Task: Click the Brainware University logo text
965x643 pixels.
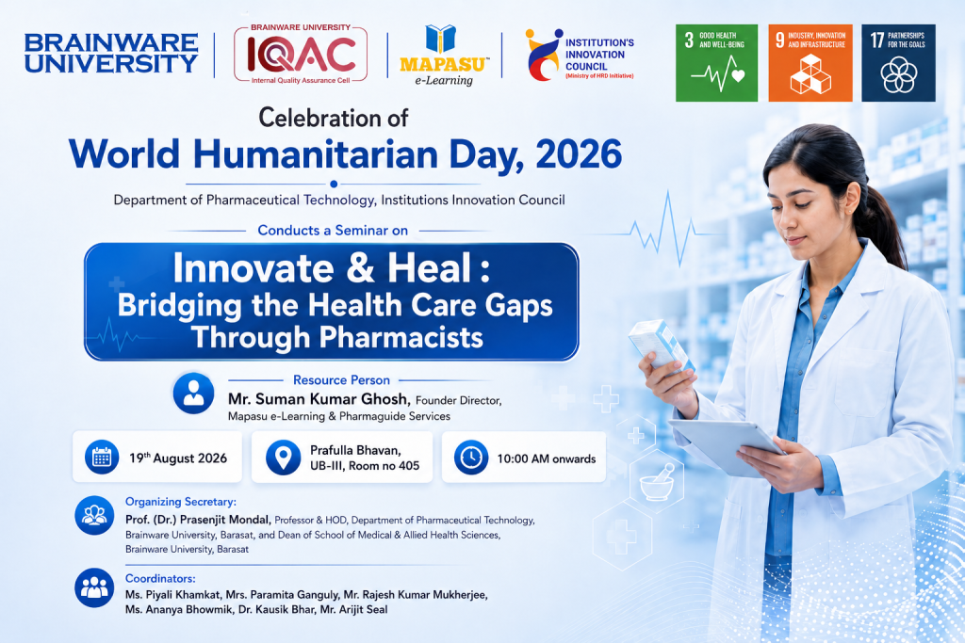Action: click(x=111, y=53)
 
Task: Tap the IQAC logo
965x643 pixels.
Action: click(x=301, y=54)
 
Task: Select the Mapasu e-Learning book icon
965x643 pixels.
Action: click(x=441, y=38)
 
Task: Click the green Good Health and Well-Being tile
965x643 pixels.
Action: click(x=716, y=63)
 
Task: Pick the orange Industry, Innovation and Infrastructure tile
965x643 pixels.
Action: click(x=810, y=63)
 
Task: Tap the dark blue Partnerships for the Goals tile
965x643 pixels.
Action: click(x=898, y=63)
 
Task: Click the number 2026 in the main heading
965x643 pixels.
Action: click(x=579, y=153)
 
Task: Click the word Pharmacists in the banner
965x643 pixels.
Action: click(x=401, y=337)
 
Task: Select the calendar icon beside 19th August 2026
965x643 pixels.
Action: click(x=102, y=457)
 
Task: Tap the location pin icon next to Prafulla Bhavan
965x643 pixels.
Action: click(x=283, y=458)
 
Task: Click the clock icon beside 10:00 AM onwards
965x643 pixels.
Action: click(x=471, y=458)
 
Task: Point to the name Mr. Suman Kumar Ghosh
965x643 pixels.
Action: click(x=319, y=399)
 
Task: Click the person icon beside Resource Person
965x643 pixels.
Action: click(x=193, y=393)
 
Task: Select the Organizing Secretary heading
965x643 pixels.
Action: click(x=180, y=502)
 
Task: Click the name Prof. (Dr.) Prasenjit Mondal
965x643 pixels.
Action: click(x=198, y=520)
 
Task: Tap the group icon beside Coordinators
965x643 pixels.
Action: click(x=94, y=587)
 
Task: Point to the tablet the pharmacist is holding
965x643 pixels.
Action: click(x=727, y=447)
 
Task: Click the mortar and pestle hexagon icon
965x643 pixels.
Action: click(x=657, y=481)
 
